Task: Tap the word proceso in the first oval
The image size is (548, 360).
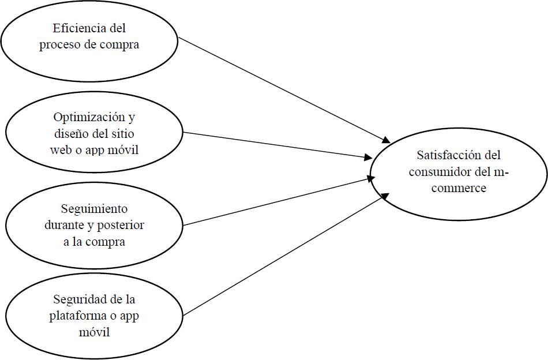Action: (x=59, y=45)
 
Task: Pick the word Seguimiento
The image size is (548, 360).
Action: (x=94, y=208)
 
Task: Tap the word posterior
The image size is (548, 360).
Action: (x=122, y=225)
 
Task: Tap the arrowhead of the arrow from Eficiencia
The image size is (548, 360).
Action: (x=387, y=141)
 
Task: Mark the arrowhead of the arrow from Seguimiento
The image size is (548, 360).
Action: (x=369, y=178)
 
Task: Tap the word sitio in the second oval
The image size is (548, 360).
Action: (x=126, y=134)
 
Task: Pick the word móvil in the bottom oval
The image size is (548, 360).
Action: (x=93, y=333)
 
